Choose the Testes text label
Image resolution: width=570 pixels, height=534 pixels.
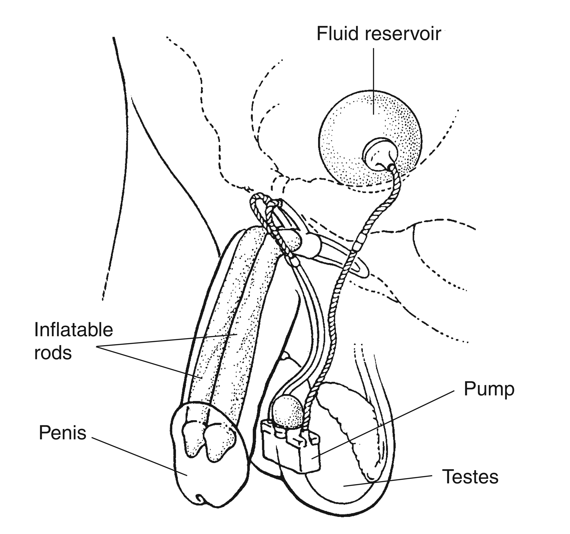point(470,477)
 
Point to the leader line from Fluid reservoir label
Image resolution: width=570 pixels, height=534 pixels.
point(373,80)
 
